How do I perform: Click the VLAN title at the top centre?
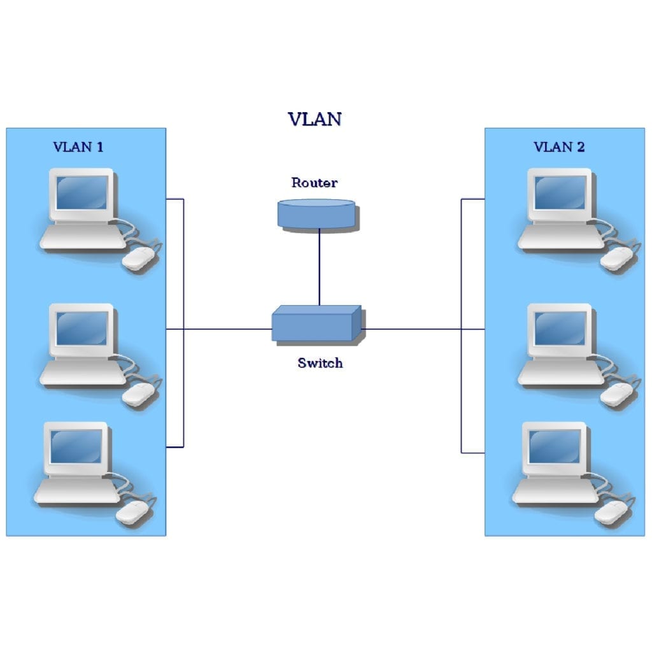tap(315, 119)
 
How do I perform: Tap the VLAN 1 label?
tap(78, 147)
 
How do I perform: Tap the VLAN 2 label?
tap(559, 147)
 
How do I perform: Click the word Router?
tap(315, 183)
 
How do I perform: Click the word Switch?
tap(320, 363)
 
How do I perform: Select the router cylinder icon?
tap(317, 215)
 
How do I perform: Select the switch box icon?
tap(317, 324)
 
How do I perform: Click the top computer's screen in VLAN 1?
tap(82, 193)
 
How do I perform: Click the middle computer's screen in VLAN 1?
tap(82, 329)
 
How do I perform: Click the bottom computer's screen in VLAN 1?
tap(76, 446)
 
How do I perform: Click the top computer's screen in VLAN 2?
tap(560, 193)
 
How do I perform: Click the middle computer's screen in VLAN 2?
tap(560, 329)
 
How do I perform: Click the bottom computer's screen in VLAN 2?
tap(555, 446)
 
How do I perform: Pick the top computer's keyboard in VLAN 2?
tap(560, 237)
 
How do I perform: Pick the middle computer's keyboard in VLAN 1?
tap(83, 372)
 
